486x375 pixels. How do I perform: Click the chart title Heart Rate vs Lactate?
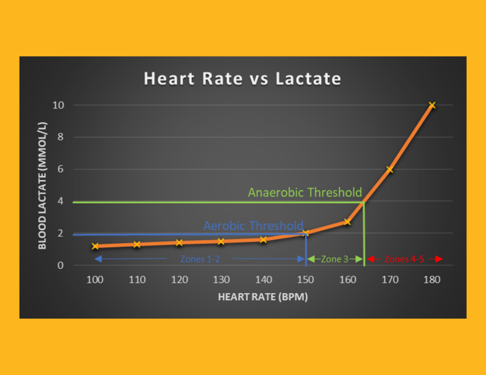coord(242,78)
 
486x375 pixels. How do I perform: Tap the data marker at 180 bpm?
coord(432,105)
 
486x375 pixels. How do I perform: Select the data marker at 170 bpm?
coord(390,169)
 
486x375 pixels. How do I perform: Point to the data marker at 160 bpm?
coord(347,222)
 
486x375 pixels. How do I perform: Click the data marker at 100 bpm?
coord(95,246)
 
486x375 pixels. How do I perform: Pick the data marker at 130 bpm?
coord(221,241)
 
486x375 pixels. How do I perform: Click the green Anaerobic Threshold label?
coord(305,192)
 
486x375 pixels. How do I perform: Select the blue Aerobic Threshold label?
coord(253,226)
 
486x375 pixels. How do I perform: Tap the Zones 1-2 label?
coord(200,259)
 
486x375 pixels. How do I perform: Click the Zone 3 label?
coord(335,259)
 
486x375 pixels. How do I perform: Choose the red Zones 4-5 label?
coord(404,259)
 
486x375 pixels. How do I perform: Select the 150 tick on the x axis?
coord(305,280)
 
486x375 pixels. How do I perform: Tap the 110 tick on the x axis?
coord(137,280)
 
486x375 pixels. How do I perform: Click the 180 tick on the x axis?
coord(432,280)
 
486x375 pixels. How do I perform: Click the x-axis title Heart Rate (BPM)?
coord(263,297)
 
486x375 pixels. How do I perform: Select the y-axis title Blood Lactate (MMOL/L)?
coord(42,186)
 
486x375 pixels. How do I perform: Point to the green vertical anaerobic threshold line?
coord(364,236)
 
